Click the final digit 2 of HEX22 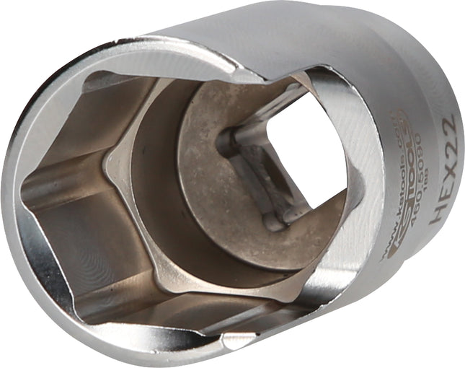[x=447, y=123]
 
